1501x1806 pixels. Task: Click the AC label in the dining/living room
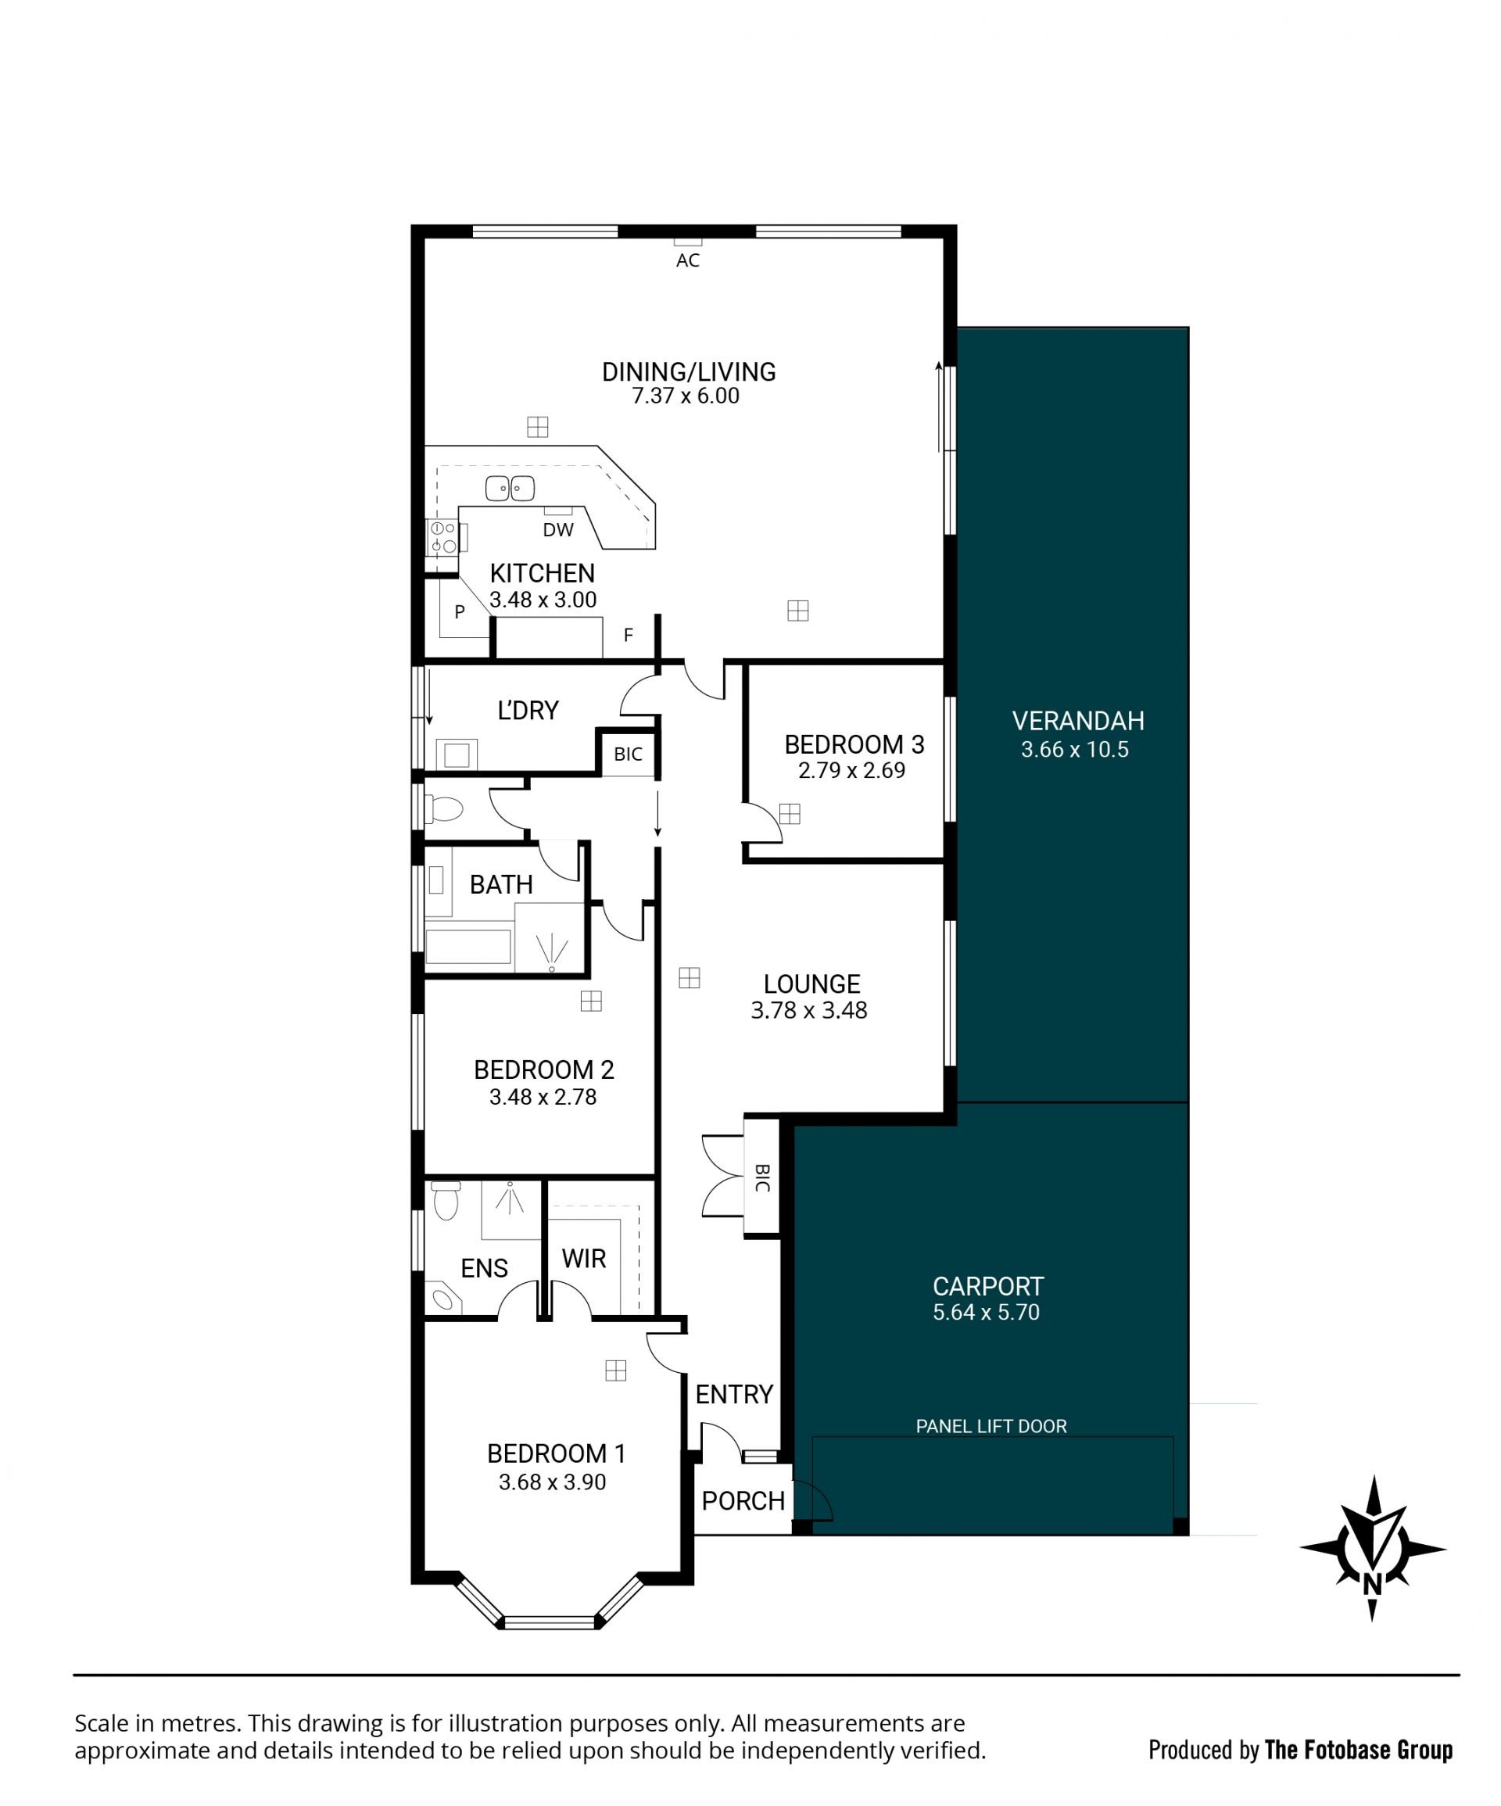pos(687,260)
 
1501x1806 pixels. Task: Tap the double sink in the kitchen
pos(510,488)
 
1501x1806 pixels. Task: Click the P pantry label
pos(460,611)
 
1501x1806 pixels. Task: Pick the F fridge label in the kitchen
pos(629,635)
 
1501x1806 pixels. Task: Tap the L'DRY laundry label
pos(528,710)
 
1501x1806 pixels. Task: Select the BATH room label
pos(501,884)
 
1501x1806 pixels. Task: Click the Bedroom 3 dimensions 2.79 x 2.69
pos(851,769)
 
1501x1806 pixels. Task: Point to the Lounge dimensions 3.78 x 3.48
pos(808,1009)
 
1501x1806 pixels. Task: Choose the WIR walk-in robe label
pos(584,1258)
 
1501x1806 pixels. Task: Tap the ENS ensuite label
pos(484,1267)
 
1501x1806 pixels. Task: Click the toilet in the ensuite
pos(446,1201)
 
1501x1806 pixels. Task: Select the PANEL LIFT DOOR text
pos(991,1426)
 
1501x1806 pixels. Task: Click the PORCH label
pos(743,1501)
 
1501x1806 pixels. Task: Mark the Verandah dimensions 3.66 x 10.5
pos(1074,749)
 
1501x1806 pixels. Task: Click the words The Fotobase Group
pos(1358,1749)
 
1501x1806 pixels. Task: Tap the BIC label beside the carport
pos(762,1178)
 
